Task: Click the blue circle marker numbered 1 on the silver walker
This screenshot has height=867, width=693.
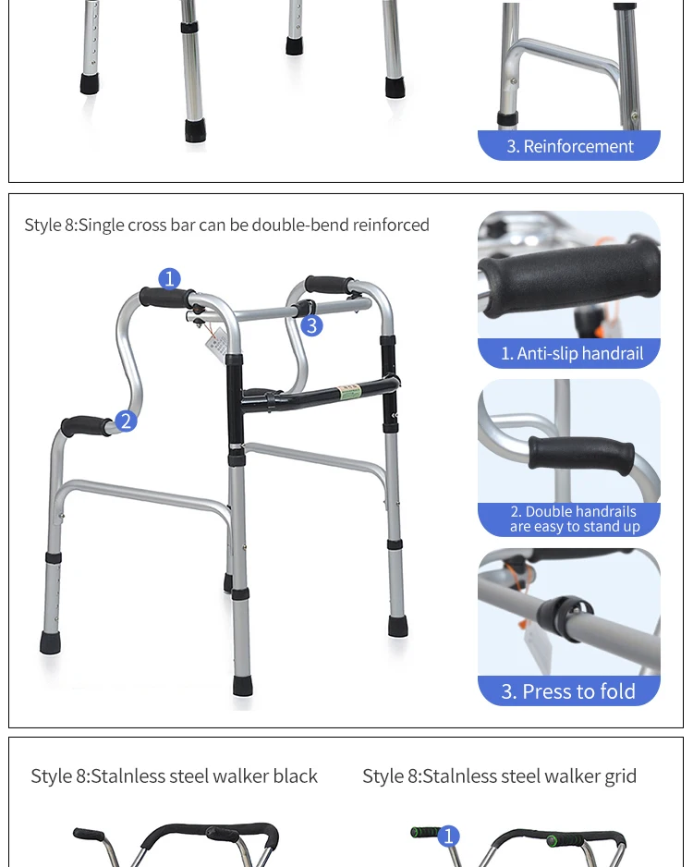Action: (169, 278)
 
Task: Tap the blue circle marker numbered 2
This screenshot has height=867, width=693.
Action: (126, 421)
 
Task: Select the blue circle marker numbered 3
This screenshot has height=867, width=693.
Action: (311, 325)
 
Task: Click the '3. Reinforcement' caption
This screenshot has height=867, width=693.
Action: (569, 146)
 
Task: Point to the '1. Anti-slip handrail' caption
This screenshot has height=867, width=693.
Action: (571, 353)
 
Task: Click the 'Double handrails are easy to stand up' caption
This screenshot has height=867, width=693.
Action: (574, 519)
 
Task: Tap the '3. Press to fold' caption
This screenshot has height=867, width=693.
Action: (568, 691)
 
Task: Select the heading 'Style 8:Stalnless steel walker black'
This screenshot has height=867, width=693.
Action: (174, 775)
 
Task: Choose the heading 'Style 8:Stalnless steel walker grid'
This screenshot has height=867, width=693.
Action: (499, 775)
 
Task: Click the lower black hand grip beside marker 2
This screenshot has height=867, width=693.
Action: (85, 426)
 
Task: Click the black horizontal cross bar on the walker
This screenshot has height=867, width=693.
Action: (319, 392)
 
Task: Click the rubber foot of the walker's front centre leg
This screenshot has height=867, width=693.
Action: (243, 685)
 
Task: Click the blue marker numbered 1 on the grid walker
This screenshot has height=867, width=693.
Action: (449, 836)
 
